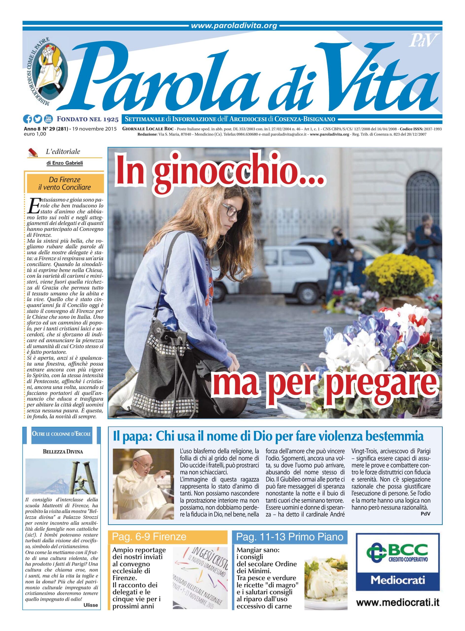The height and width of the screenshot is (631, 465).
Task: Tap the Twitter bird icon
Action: [37, 119]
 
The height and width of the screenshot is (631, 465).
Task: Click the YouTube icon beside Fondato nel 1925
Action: [48, 119]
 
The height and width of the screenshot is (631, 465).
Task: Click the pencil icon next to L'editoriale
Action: [34, 152]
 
